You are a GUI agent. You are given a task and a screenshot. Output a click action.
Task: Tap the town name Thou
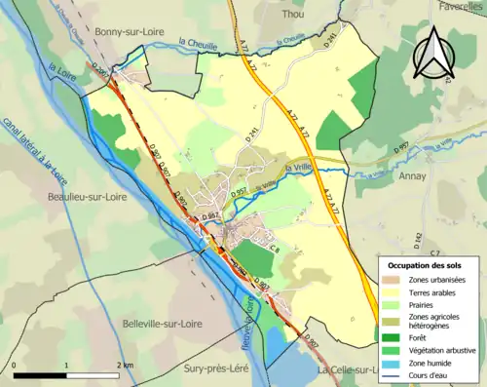[292, 15]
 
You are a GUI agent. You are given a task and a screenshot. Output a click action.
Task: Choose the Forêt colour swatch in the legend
[393, 337]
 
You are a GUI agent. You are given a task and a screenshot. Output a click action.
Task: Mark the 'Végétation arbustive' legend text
[439, 352]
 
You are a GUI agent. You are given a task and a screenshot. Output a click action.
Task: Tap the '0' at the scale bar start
[15, 363]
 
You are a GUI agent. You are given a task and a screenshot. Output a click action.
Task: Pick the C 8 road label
[275, 251]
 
